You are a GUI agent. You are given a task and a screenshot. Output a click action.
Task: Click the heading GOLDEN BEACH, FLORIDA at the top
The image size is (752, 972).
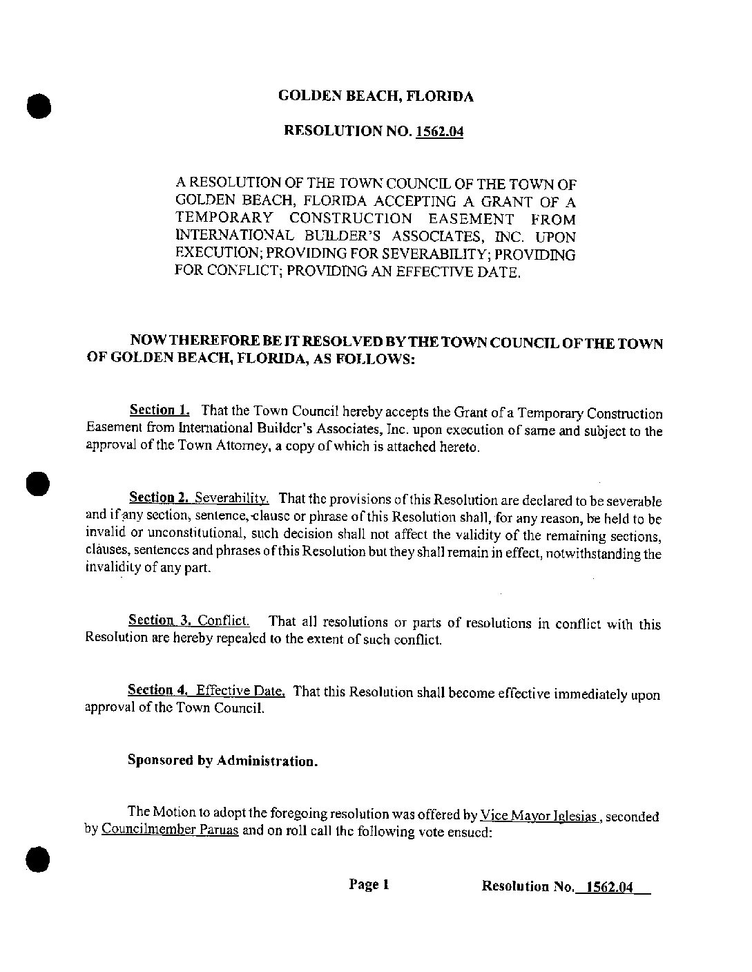(x=376, y=97)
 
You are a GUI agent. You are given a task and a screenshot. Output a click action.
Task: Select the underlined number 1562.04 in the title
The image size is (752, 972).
(x=438, y=131)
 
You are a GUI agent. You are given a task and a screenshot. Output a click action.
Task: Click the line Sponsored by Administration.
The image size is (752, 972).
(x=223, y=761)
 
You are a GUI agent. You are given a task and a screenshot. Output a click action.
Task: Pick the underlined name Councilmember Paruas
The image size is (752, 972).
(x=170, y=830)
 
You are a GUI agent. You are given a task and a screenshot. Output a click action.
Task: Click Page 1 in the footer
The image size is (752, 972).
(x=369, y=884)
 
